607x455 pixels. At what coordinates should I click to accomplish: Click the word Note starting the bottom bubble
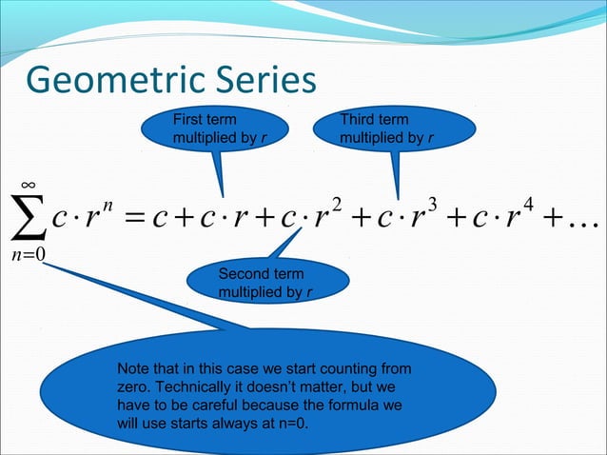[131, 368]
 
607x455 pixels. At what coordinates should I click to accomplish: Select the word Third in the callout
[360, 120]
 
